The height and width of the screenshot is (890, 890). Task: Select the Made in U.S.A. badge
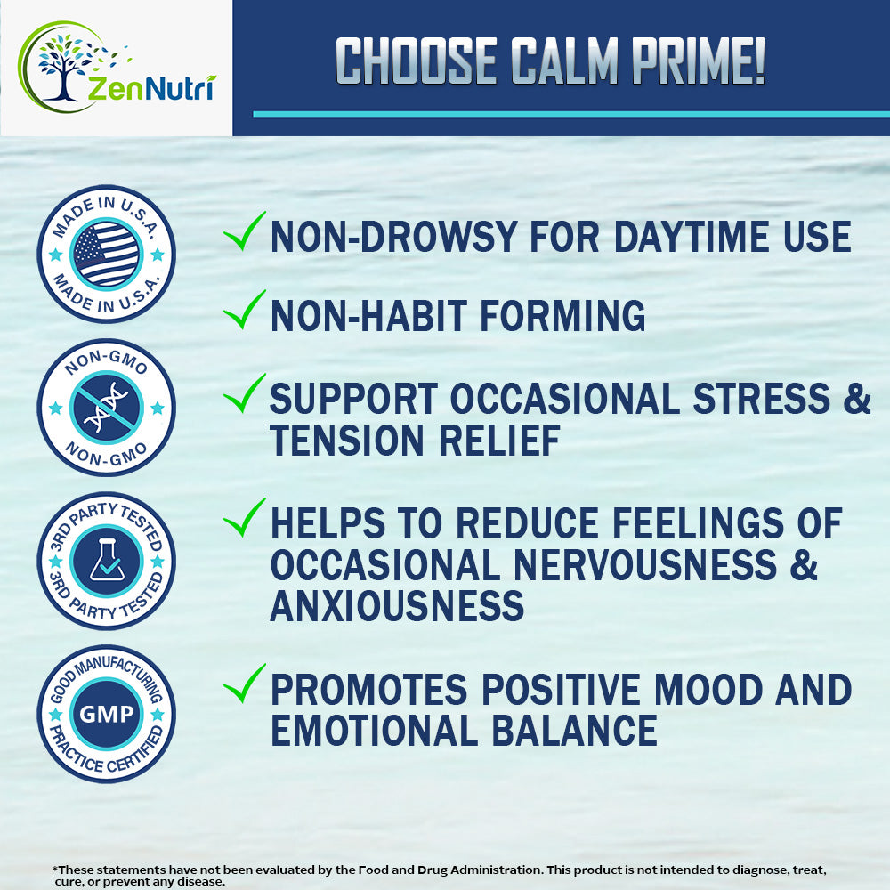click(x=106, y=254)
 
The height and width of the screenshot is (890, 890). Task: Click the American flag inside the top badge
click(x=106, y=254)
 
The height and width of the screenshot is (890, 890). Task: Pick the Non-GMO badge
click(x=106, y=408)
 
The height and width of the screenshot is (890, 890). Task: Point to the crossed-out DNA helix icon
click(x=106, y=408)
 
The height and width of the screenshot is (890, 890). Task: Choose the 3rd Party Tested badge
click(x=106, y=561)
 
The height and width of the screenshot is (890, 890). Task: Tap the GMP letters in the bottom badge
click(x=106, y=714)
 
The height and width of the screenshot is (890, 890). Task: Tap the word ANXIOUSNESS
click(x=397, y=606)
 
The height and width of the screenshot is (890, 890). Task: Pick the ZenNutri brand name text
click(x=151, y=88)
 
